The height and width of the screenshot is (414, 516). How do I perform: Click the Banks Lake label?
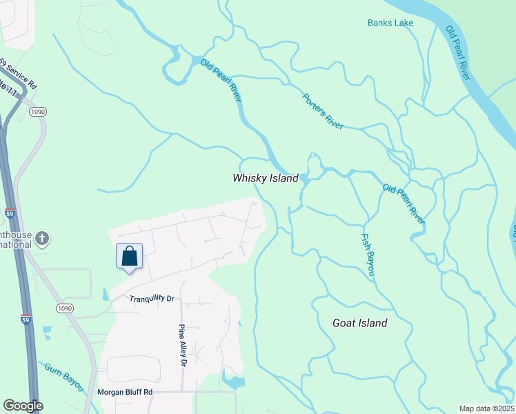390,23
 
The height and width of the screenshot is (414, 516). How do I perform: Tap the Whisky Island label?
266,178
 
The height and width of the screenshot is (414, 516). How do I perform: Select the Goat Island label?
359,323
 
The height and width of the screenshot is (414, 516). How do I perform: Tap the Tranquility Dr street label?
152,298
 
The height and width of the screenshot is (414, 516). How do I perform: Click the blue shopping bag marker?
129,257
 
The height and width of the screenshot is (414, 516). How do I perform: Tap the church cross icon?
42,239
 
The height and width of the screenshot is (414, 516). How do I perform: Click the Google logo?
22,406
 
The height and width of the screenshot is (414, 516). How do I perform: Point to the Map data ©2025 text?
486,408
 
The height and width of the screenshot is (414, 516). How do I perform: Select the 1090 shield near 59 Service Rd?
38,112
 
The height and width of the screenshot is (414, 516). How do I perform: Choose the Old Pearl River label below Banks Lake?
458,52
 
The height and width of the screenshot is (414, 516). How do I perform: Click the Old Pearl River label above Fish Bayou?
404,204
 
